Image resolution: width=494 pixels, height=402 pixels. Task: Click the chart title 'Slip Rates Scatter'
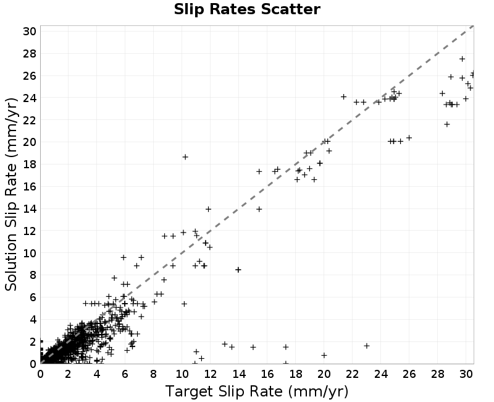pyautogui.click(x=247, y=9)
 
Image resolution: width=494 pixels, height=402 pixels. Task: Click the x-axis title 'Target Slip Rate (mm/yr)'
pyautogui.click(x=257, y=391)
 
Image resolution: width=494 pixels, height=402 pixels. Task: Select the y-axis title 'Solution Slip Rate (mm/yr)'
pyautogui.click(x=11, y=194)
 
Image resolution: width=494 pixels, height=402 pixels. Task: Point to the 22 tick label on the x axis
pyautogui.click(x=352, y=374)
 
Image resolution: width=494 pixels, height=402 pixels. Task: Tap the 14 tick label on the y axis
pyautogui.click(x=30, y=209)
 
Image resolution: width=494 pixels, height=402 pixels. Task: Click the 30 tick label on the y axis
pyautogui.click(x=30, y=32)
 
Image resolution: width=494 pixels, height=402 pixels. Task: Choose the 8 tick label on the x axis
pyautogui.click(x=153, y=374)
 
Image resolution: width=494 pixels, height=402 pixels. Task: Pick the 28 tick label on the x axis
pyautogui.click(x=438, y=374)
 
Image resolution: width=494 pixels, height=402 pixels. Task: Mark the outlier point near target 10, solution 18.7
pyautogui.click(x=185, y=157)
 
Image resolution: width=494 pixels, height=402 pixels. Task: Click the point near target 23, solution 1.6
pyautogui.click(x=366, y=346)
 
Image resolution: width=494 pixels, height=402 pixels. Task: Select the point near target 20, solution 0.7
pyautogui.click(x=324, y=355)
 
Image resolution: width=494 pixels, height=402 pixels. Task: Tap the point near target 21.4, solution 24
pyautogui.click(x=344, y=97)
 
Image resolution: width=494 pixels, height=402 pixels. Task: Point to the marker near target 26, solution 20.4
pyautogui.click(x=409, y=138)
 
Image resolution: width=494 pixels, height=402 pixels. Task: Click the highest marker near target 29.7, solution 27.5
pyautogui.click(x=462, y=59)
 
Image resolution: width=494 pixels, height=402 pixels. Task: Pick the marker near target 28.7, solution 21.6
pyautogui.click(x=446, y=124)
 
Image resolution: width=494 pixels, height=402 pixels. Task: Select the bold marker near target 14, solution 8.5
pyautogui.click(x=238, y=270)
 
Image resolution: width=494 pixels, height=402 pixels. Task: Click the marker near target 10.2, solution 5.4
pyautogui.click(x=184, y=304)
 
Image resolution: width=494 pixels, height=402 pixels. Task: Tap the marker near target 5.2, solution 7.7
pyautogui.click(x=114, y=278)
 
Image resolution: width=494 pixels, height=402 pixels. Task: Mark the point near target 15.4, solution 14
pyautogui.click(x=259, y=209)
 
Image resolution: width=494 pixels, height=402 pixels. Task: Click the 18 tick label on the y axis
pyautogui.click(x=30, y=165)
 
